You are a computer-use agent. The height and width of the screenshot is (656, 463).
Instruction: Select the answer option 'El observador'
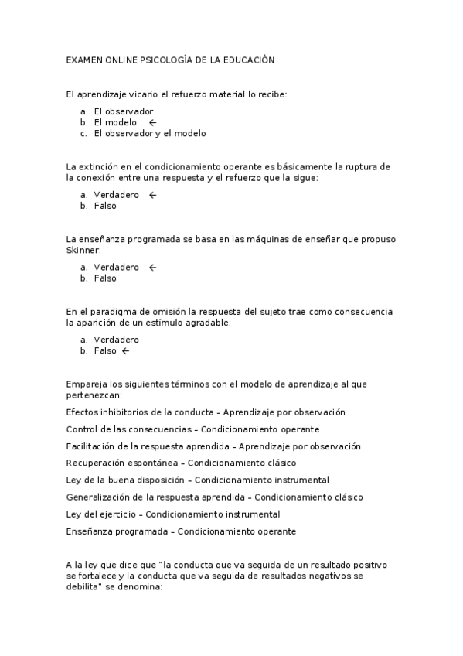pos(124,111)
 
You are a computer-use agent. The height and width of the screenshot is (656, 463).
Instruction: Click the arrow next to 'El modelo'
pos(152,122)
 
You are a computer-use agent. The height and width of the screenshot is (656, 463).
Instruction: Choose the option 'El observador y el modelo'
pos(150,133)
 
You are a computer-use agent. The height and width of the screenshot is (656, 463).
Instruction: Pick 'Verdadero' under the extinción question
pos(117,195)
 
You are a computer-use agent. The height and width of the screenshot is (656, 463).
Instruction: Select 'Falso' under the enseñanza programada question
pos(105,278)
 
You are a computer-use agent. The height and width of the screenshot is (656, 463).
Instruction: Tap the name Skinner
pos(83,250)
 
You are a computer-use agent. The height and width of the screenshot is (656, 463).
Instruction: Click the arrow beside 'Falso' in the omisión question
pos(126,350)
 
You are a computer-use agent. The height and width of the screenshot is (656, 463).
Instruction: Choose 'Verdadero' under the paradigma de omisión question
pos(117,340)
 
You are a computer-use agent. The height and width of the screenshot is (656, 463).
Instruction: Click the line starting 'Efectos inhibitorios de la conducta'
pos(206,412)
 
